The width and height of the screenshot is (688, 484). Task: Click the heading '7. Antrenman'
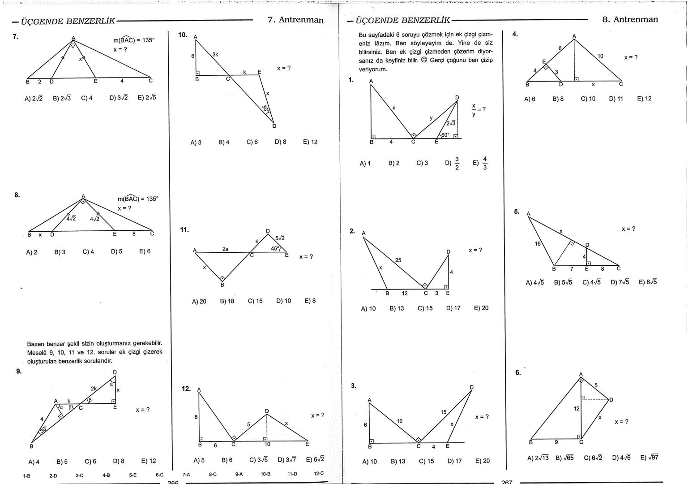[x=295, y=20]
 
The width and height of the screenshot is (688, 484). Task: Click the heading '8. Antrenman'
[x=630, y=20]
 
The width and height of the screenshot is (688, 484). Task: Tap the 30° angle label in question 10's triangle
[x=265, y=109]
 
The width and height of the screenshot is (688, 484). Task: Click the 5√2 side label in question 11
[x=280, y=238]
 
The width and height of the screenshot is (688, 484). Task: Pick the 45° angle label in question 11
[x=274, y=248]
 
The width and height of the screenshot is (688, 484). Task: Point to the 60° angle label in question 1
[x=445, y=135]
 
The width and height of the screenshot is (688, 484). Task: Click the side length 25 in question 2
[x=398, y=260]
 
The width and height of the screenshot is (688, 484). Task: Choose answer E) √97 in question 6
[x=649, y=458]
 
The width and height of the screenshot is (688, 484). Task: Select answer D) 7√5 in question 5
[x=620, y=282]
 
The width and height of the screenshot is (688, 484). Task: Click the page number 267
[x=507, y=482]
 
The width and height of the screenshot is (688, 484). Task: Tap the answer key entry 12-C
[x=319, y=473]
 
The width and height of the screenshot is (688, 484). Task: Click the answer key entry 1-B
[x=26, y=476]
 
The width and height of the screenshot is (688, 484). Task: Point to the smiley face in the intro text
[x=423, y=60]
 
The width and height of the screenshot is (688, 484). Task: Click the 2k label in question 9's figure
[x=94, y=389]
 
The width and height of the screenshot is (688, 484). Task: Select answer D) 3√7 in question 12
[x=286, y=460]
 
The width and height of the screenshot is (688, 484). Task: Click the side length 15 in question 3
[x=443, y=412]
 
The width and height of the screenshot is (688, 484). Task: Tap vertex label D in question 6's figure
[x=611, y=400]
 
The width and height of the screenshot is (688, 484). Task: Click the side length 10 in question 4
[x=600, y=56]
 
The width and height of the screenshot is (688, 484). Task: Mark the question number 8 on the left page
[x=17, y=195]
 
